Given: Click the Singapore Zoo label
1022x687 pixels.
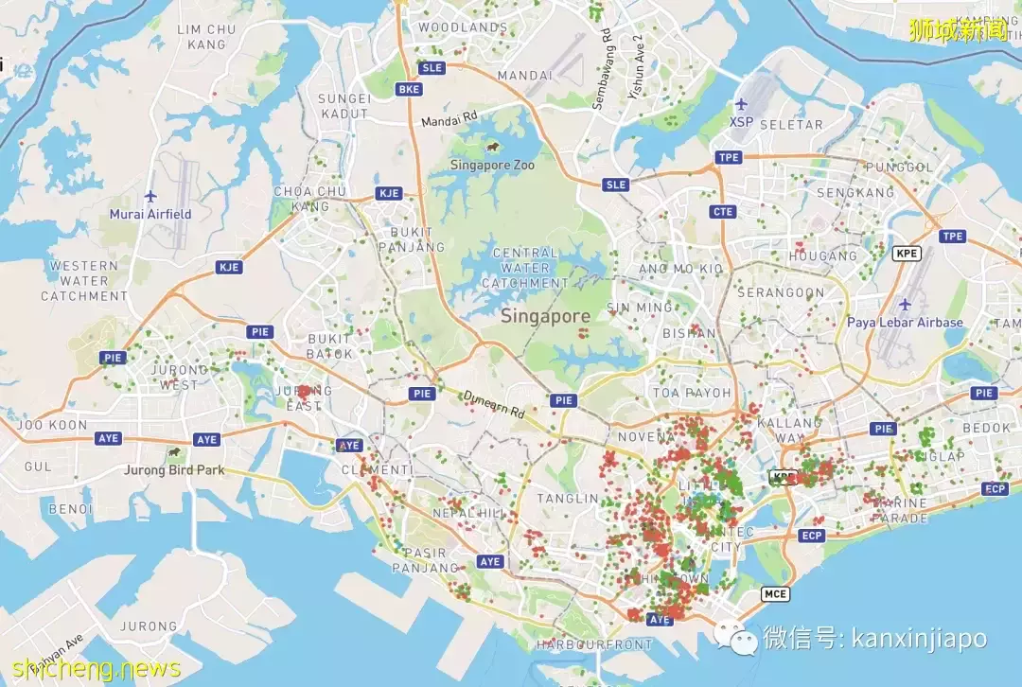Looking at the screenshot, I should click(x=492, y=165).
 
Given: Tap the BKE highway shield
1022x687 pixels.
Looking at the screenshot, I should click(x=410, y=89).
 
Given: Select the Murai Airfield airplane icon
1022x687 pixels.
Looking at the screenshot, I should click(x=150, y=196).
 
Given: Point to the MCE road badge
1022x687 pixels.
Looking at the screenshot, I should click(x=774, y=593).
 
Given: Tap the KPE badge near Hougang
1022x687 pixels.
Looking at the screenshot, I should click(x=907, y=254).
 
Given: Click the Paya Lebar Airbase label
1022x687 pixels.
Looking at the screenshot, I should click(x=905, y=322).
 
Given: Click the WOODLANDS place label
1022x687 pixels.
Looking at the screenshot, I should click(x=463, y=27).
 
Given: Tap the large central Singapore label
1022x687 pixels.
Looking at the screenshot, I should click(x=546, y=316).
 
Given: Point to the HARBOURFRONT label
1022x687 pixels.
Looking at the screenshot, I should click(x=594, y=644).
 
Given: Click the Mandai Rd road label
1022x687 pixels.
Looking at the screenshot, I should click(x=449, y=120).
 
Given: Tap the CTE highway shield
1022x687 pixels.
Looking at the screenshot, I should click(x=724, y=212).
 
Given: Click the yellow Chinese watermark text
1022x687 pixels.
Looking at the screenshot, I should click(x=958, y=30).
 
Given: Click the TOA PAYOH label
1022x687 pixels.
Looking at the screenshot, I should click(x=692, y=392).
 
